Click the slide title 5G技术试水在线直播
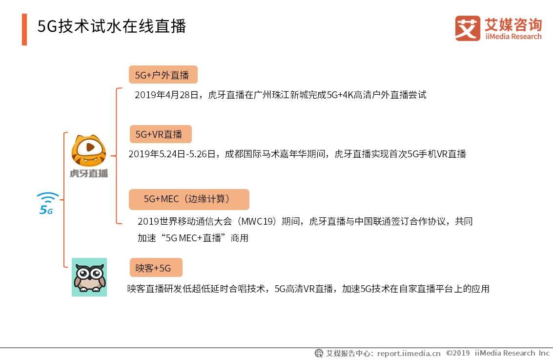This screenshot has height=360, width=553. pos(112,26)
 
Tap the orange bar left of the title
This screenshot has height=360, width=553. pos(24,29)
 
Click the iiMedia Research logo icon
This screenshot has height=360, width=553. pos(468,28)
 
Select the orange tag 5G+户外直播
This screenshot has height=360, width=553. pos(163,75)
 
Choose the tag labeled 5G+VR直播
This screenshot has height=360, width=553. pos(160,134)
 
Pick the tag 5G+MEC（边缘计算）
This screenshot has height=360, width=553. pos(188,199)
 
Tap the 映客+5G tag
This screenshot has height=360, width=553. pos(155,268)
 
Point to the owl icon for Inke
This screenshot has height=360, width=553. pos(89,277)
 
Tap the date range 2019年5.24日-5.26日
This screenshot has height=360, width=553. pos(172,154)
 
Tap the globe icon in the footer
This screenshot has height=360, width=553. pos(319,353)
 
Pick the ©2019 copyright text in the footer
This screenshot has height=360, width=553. pos(458,353)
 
